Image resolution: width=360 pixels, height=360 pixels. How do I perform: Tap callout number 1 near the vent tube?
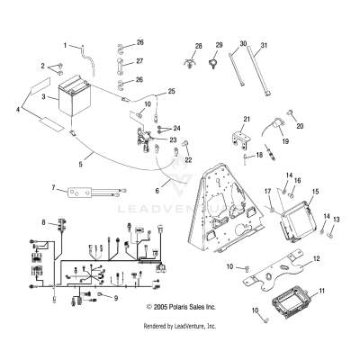coord(65,44)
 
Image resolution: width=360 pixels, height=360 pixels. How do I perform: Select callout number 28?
coord(199,44)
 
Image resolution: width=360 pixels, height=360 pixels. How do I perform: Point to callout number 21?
coord(246,120)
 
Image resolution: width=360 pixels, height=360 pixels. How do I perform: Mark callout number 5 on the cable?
coord(55,164)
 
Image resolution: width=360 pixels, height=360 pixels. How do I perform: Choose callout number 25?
coord(172,92)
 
